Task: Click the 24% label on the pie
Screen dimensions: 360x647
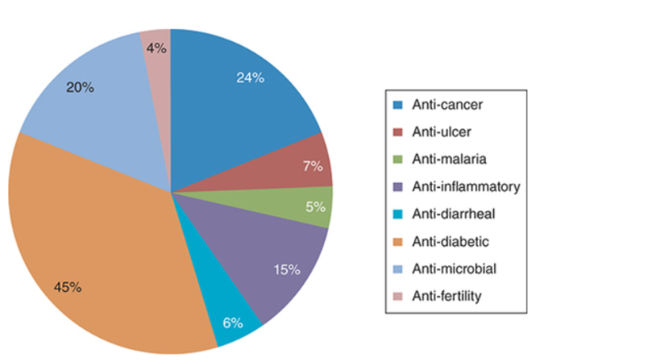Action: pos(250,78)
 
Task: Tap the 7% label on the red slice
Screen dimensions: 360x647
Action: pos(312,166)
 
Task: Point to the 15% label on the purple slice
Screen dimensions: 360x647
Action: pos(286,270)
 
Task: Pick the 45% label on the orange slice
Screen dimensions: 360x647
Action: pos(67,287)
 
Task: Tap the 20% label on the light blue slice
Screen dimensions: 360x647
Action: pos(79,87)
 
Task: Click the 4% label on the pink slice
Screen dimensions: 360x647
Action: pos(156,48)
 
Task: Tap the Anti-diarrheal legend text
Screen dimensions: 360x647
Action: pos(448,214)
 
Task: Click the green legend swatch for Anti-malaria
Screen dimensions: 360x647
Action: pos(398,159)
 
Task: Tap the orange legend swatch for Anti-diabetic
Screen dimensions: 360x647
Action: pos(398,242)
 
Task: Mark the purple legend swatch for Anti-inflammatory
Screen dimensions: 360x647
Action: pos(398,187)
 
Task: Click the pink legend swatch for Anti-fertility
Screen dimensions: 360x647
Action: pos(398,297)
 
